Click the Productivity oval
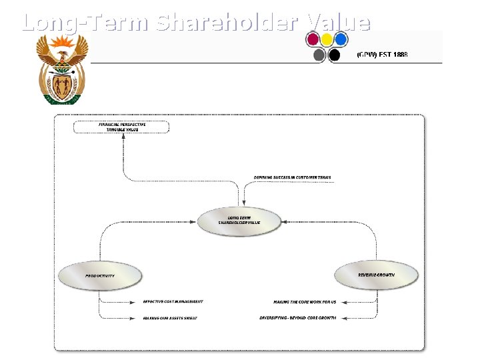(x=100, y=275)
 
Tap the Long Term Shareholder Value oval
(x=239, y=221)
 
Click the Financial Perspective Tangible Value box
(x=122, y=127)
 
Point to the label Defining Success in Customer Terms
(x=293, y=177)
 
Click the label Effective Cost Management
(x=173, y=301)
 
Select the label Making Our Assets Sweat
(x=170, y=318)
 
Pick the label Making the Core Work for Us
(x=304, y=301)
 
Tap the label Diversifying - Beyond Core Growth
(x=298, y=318)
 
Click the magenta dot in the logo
(x=313, y=39)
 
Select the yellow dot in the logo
(x=327, y=39)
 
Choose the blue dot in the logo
(x=341, y=39)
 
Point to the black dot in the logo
(x=335, y=55)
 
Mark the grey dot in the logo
(x=319, y=55)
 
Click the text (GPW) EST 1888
(x=383, y=54)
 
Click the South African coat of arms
(x=62, y=69)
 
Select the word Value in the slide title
(x=339, y=23)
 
